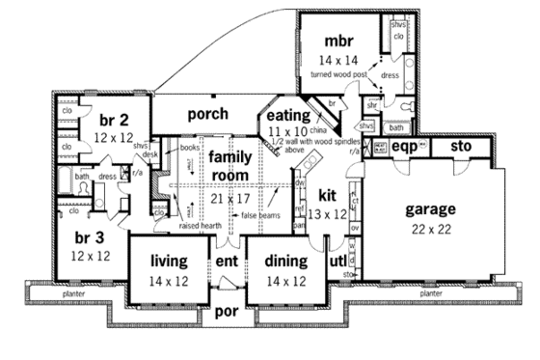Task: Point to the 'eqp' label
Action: tap(403, 148)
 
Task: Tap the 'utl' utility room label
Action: tap(337, 262)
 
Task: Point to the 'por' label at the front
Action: tap(227, 313)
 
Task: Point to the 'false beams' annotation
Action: tap(260, 215)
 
